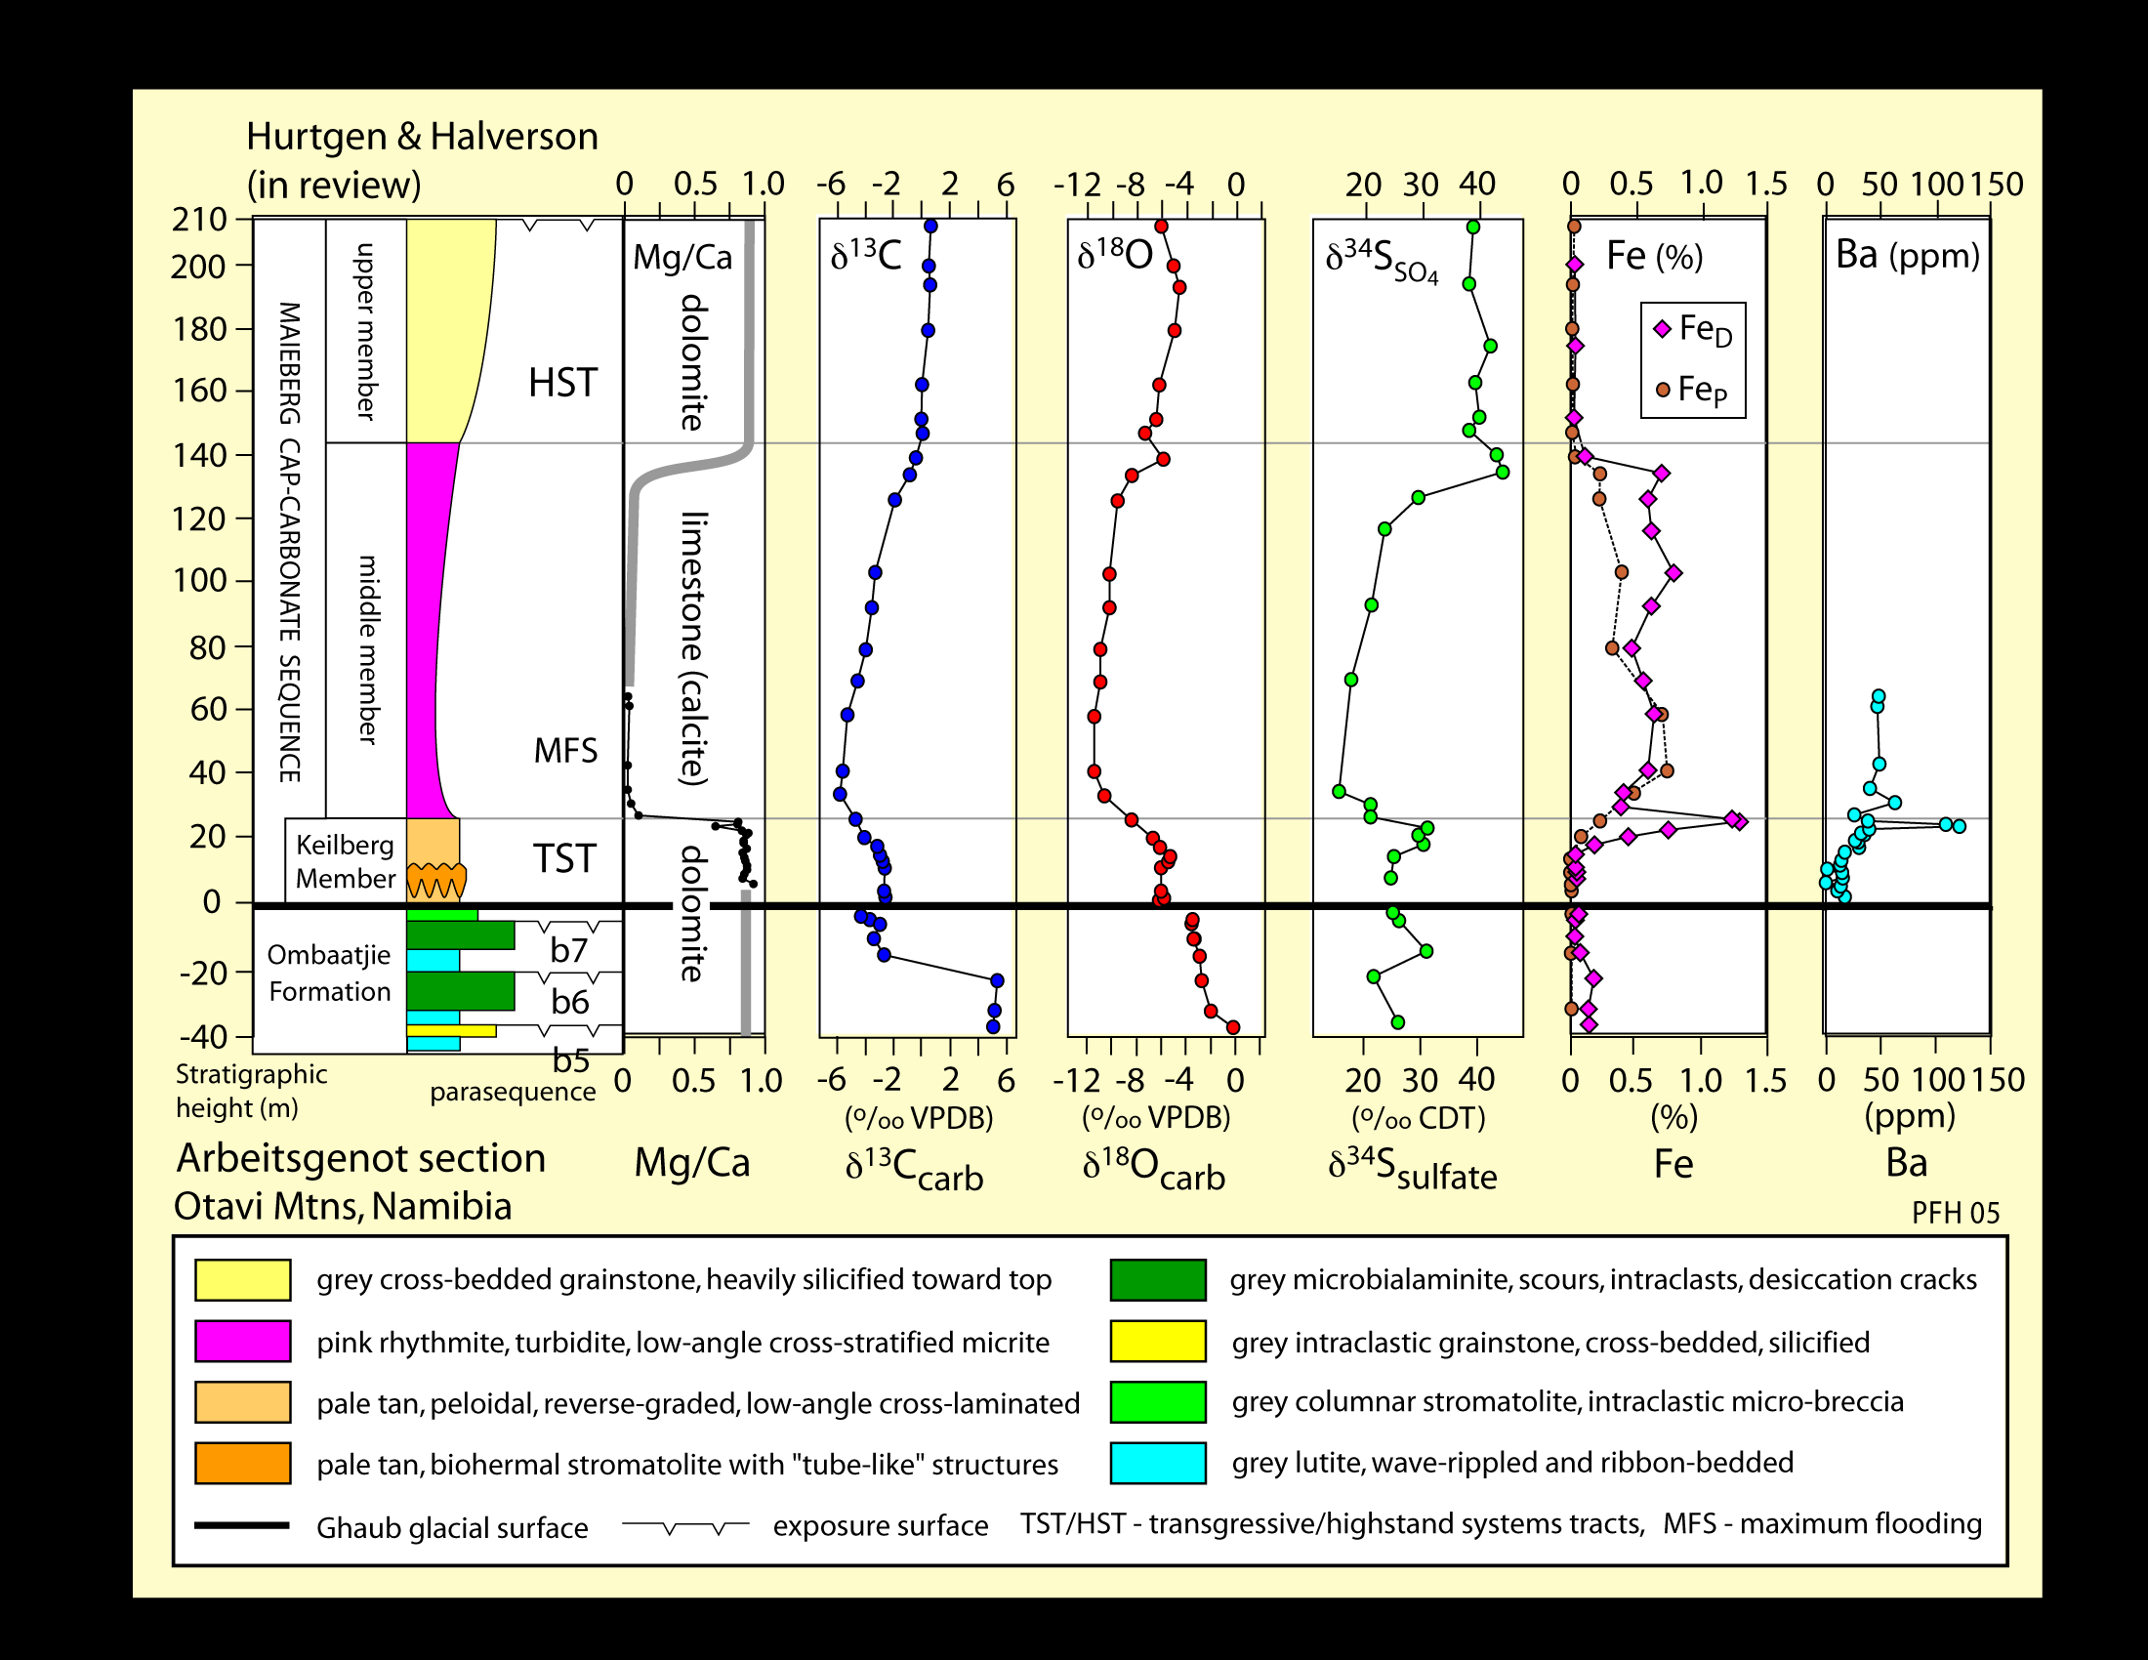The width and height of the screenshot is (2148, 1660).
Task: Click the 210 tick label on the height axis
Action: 198,219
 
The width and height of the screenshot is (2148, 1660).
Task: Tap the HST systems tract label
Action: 562,383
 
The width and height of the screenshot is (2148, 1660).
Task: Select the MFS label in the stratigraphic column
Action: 565,751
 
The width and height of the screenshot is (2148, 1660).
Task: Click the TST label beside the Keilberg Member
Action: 564,858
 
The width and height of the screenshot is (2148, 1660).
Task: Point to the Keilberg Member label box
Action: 346,860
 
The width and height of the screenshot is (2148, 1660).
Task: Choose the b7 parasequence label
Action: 569,950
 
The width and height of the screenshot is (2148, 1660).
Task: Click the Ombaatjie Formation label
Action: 329,973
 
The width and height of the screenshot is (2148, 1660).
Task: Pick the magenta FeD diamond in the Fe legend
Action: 1662,329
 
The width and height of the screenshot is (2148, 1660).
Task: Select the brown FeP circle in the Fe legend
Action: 1663,391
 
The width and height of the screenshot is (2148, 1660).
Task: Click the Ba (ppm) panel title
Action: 1907,256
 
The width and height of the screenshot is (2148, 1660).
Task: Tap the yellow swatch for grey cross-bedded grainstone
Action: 242,1280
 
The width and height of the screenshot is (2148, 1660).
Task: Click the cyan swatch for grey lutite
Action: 1158,1464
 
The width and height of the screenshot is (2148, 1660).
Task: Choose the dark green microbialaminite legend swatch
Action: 1158,1280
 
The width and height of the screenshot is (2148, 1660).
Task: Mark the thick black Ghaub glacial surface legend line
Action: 242,1526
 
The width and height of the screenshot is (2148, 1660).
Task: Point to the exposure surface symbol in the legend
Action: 685,1526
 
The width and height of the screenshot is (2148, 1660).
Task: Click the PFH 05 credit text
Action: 1956,1213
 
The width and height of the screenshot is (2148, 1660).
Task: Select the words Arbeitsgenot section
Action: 361,1158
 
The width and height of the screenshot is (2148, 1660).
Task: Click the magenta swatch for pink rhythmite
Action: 242,1342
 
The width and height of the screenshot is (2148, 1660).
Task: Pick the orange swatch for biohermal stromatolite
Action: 242,1464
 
